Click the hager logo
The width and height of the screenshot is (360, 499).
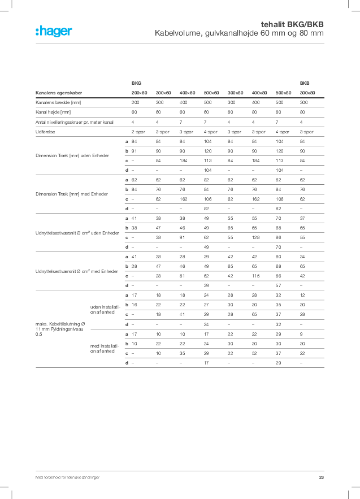coord(54,32)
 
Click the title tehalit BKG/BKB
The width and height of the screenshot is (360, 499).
coord(292,25)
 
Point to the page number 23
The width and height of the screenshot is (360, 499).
coord(322,478)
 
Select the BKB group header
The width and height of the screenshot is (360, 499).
coord(305,83)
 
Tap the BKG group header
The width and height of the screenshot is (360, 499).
coord(136,83)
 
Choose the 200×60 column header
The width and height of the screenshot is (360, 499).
coord(139,93)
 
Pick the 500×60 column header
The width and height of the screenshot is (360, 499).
coord(211,93)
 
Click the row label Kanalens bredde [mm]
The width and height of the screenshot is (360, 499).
coord(58,103)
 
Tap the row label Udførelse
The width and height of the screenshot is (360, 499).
coord(45,131)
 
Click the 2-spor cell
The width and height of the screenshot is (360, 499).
coord(138,131)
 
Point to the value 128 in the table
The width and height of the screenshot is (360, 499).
coord(256,237)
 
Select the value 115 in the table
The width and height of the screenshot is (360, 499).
coord(256,276)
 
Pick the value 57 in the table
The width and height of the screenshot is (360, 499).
coord(278,285)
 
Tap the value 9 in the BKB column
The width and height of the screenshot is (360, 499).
coord(302,334)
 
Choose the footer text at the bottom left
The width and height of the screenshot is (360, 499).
coord(67,478)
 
